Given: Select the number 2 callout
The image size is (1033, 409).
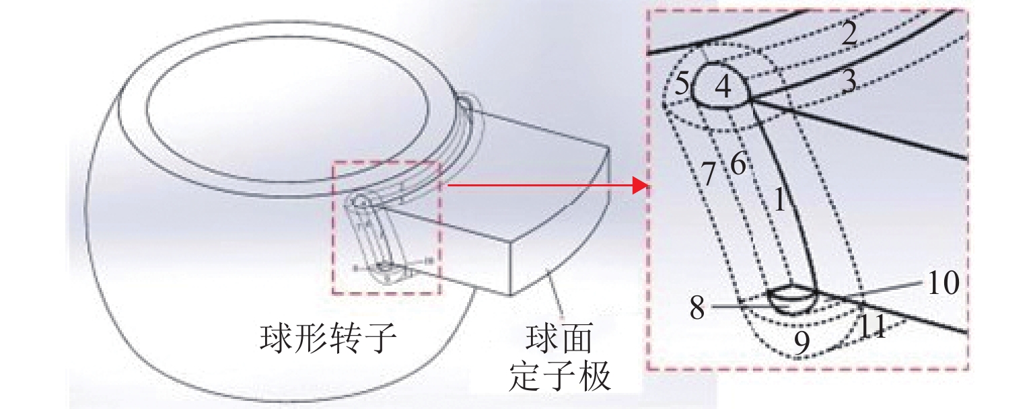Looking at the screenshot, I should click(849, 34).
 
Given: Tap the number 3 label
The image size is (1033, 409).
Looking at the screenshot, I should click(849, 82).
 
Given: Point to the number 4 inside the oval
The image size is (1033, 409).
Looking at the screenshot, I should click(722, 87).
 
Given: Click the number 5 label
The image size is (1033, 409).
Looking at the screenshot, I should click(682, 85).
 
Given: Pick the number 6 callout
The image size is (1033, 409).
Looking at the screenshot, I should click(738, 165).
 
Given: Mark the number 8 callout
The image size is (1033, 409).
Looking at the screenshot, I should click(697, 307).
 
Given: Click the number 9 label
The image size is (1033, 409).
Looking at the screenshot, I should click(802, 343).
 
